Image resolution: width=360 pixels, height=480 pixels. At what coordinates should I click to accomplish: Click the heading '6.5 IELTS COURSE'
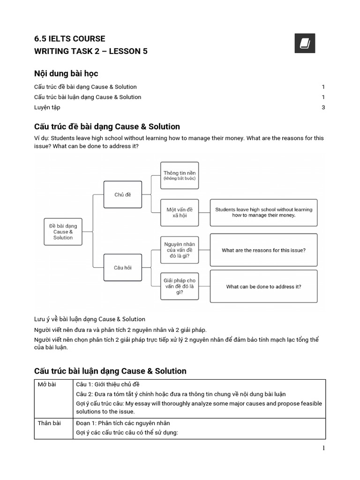(70, 38)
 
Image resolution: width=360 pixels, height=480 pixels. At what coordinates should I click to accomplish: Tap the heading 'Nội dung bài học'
(66, 74)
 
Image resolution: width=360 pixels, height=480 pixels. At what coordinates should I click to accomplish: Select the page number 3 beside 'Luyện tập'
(323, 107)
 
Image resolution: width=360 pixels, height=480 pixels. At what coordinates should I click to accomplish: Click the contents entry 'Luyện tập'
(47, 107)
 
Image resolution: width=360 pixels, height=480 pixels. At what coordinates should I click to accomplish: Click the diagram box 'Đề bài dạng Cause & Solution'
(63, 232)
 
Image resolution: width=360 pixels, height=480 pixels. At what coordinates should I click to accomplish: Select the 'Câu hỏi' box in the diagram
(122, 268)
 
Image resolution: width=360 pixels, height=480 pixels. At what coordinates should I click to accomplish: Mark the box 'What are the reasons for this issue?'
(263, 250)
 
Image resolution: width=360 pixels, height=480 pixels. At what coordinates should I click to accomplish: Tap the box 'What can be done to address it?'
(263, 286)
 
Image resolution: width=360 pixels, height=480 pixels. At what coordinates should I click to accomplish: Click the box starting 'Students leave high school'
(263, 212)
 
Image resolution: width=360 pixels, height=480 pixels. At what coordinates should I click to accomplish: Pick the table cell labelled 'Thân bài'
(49, 423)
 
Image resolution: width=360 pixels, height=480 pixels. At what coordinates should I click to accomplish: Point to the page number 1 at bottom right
(323, 448)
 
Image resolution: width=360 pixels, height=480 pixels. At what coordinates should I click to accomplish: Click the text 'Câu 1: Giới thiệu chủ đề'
(107, 384)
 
